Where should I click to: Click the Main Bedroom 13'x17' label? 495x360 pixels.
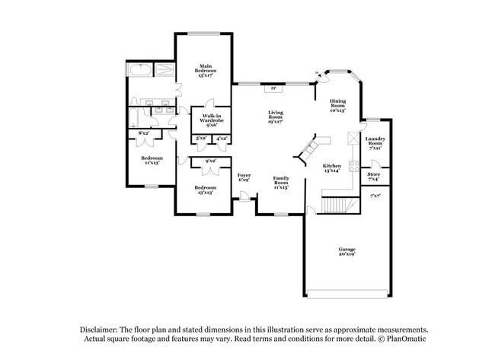206,71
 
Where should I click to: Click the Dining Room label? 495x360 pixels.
337,105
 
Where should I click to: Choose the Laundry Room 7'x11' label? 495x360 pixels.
375,142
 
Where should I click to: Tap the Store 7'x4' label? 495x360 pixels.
374,177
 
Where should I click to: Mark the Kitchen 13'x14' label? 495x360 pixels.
331,168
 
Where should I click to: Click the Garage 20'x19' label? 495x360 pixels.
348,252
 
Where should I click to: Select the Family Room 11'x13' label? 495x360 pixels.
281,183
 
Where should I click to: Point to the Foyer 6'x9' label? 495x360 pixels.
244,177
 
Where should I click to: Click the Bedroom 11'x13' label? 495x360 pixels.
150,160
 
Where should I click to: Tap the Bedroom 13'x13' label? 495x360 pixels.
205,190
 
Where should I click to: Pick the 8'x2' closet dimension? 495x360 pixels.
143,133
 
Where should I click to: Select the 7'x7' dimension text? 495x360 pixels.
375,196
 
